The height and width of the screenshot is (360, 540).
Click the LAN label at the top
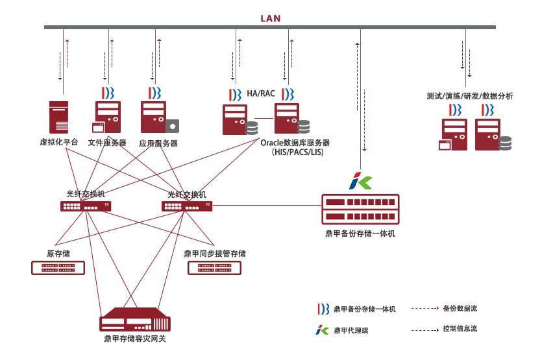pyautogui.click(x=270, y=18)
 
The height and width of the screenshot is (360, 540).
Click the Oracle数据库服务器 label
pyautogui.click(x=295, y=143)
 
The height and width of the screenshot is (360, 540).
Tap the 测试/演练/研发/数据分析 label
pyautogui.click(x=470, y=96)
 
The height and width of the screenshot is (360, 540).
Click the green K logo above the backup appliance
pyautogui.click(x=360, y=181)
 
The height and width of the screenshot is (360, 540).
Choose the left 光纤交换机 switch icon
pyautogui.click(x=85, y=206)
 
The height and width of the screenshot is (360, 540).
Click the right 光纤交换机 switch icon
pyautogui.click(x=187, y=206)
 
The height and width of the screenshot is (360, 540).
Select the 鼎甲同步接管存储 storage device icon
pyautogui.click(x=214, y=267)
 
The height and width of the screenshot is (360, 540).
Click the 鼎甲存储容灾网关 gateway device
pyautogui.click(x=135, y=322)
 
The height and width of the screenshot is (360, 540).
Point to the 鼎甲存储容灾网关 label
pyautogui.click(x=135, y=339)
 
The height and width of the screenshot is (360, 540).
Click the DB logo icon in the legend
pyautogui.click(x=323, y=309)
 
